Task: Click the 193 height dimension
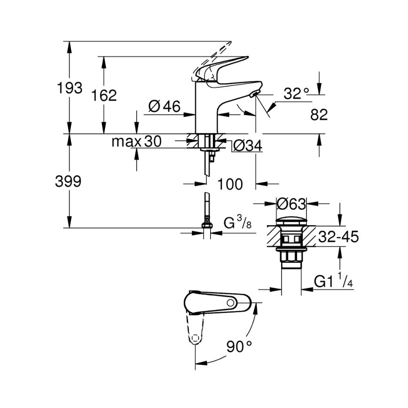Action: click(70, 88)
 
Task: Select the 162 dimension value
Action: click(104, 95)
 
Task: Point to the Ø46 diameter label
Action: click(164, 107)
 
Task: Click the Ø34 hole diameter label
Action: click(247, 146)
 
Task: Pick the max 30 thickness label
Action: click(136, 141)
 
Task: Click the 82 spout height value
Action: click(319, 114)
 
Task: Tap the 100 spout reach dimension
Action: click(230, 184)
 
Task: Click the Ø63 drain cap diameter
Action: click(291, 204)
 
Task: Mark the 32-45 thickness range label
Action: click(338, 237)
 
